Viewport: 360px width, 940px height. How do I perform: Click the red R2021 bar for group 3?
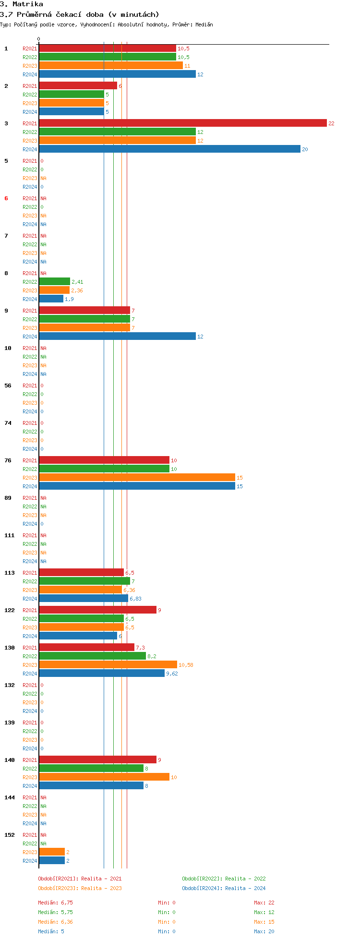[x=182, y=123]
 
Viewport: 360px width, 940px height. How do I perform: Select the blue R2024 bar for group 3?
[x=169, y=149]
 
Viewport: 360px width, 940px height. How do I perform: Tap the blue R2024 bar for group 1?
[x=117, y=74]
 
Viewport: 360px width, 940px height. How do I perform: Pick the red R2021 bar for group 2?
[x=78, y=86]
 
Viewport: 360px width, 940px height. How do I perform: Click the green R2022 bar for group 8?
[x=54, y=282]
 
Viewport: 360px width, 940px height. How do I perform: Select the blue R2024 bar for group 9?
[x=117, y=337]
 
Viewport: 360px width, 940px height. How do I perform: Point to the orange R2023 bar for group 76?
[x=137, y=478]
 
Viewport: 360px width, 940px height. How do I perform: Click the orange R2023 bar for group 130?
[x=108, y=665]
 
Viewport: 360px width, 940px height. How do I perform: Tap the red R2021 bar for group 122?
[x=97, y=610]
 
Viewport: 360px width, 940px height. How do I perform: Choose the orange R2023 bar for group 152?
[x=52, y=852]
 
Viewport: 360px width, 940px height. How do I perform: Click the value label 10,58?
[x=186, y=665]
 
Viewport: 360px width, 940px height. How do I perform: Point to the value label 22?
[x=331, y=123]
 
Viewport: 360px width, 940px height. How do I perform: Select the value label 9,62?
[x=172, y=674]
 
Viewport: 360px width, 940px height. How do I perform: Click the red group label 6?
[x=6, y=198]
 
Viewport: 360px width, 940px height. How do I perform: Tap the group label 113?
[x=10, y=573]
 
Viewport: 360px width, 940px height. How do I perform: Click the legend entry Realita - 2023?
[x=80, y=888]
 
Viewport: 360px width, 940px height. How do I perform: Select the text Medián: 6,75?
[x=55, y=903]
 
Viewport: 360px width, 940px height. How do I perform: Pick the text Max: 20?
[x=264, y=931]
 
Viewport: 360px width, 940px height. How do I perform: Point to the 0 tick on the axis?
[x=39, y=39]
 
